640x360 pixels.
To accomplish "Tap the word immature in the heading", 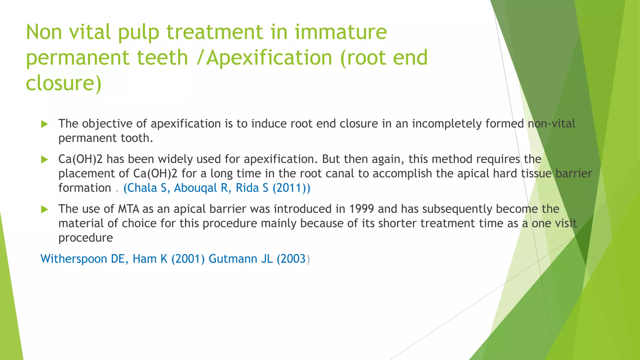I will coord(341,32).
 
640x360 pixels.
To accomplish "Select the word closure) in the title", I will coord(64,83).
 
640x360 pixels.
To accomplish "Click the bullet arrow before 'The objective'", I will coord(44,124).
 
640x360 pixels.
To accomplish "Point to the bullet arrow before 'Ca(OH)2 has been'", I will coord(44,160).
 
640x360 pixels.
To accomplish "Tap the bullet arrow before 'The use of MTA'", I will coord(44,209).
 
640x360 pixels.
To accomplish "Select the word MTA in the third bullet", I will coord(128,209).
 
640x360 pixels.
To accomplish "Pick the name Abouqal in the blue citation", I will coord(195,188).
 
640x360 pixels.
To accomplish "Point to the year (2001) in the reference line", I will coord(188,259).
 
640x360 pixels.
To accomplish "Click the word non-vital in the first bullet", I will coord(551,124).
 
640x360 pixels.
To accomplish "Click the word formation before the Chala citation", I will coord(85,188).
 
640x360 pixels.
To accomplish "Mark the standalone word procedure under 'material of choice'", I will coord(86,238).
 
